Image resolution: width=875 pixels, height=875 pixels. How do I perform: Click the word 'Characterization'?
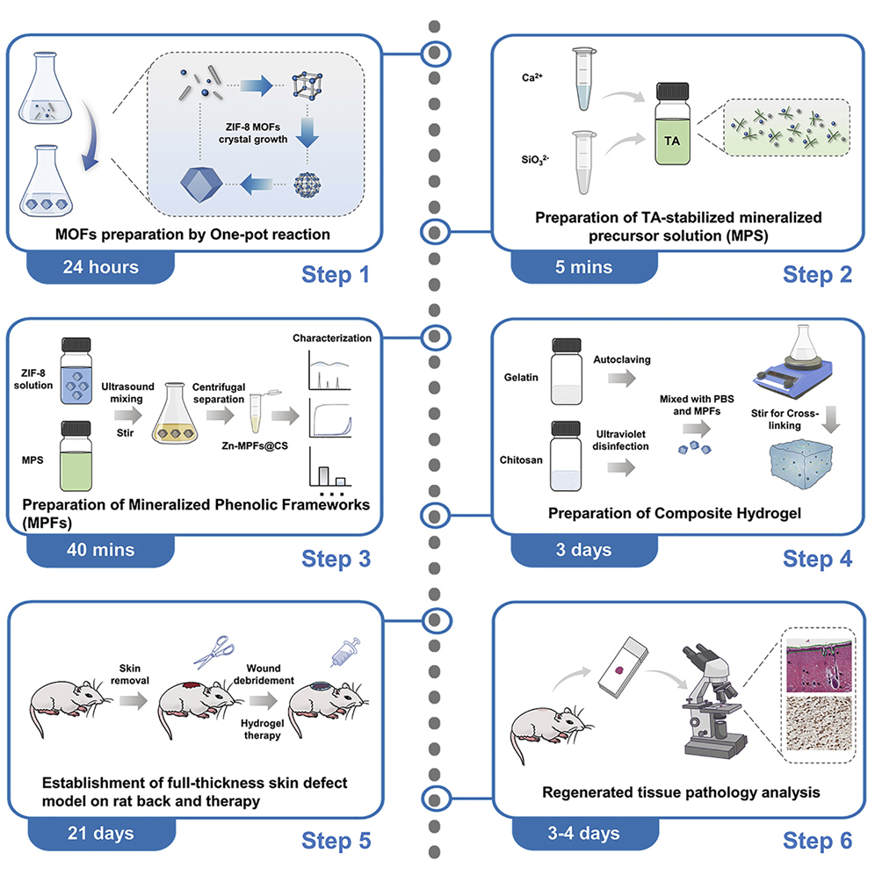[x=332, y=338]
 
